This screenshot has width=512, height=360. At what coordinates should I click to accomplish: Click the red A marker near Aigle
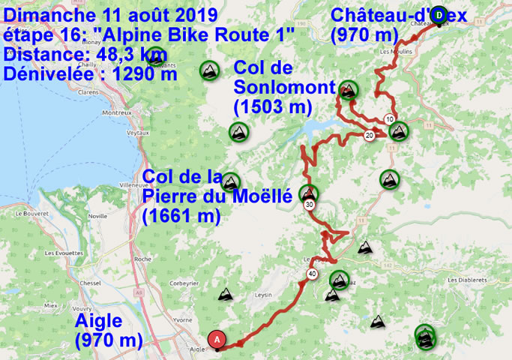(x=217, y=339)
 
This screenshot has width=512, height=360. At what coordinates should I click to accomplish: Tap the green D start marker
(x=441, y=13)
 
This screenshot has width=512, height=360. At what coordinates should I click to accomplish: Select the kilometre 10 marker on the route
(x=390, y=119)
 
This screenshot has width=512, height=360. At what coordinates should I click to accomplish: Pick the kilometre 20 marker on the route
(x=369, y=136)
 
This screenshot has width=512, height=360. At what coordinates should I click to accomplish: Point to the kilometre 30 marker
(x=309, y=204)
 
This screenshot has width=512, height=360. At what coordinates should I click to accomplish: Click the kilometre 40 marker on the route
(x=311, y=274)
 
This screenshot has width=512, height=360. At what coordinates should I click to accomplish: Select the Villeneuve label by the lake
(x=133, y=182)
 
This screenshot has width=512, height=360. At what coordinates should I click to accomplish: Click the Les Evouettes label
(x=63, y=253)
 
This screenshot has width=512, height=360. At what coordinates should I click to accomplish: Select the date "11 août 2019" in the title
(x=148, y=15)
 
